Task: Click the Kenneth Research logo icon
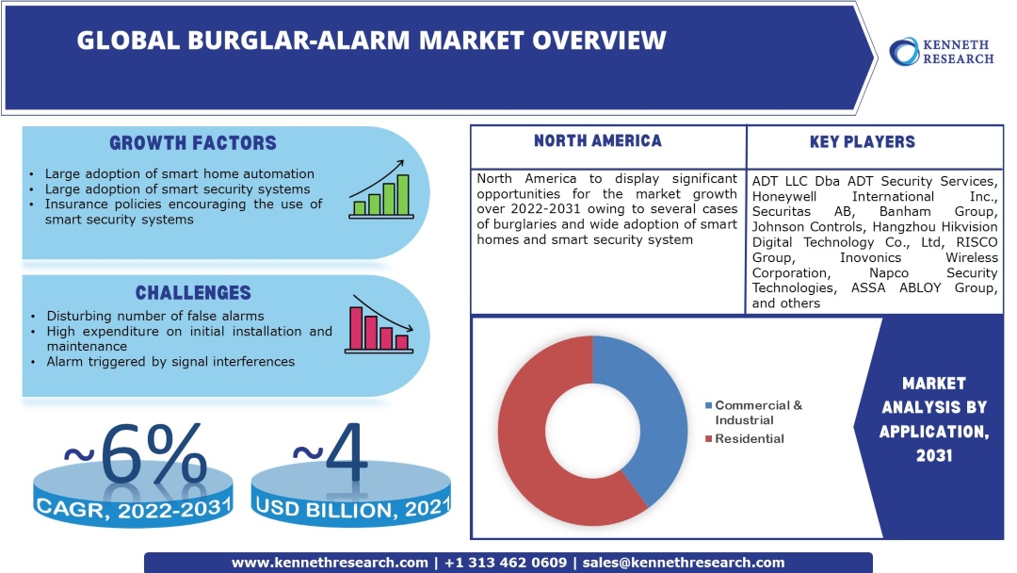(x=906, y=51)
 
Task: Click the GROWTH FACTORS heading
(x=193, y=143)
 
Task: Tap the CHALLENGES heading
(x=193, y=292)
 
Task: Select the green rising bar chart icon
(x=379, y=190)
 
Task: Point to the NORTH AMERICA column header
(x=597, y=141)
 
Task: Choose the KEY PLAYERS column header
(x=862, y=142)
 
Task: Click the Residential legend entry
(x=749, y=438)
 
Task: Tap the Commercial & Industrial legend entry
(x=758, y=412)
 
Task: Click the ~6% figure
(x=134, y=453)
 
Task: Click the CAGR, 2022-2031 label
(x=134, y=508)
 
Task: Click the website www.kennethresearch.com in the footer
(x=330, y=563)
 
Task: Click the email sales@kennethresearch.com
(x=683, y=563)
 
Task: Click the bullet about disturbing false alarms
(x=154, y=316)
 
